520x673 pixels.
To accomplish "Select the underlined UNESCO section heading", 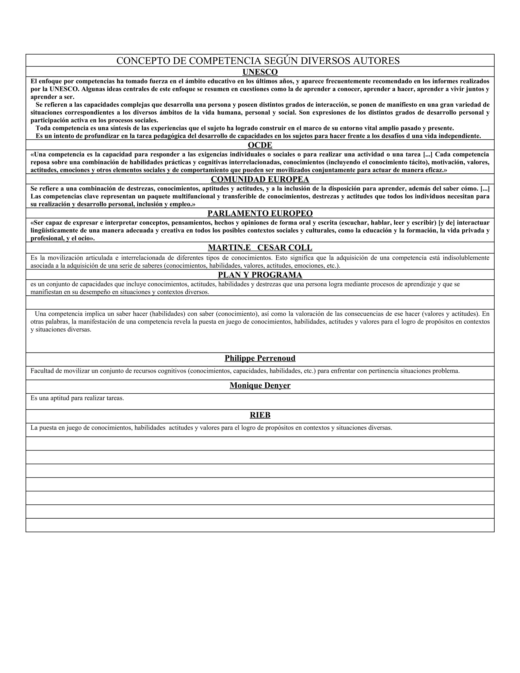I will pos(260,72).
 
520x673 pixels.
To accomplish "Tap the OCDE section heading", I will pos(260,145).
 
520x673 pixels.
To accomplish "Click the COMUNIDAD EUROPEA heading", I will pos(260,179).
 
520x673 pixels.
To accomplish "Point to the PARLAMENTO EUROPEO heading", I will pos(260,213).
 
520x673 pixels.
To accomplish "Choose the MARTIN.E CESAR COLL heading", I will pos(260,247).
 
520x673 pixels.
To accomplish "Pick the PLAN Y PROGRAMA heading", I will pos(260,275).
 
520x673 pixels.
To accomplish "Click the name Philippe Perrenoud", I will pos(260,358).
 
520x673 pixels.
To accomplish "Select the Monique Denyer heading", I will pos(260,385).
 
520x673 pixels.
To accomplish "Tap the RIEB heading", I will pos(260,415).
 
